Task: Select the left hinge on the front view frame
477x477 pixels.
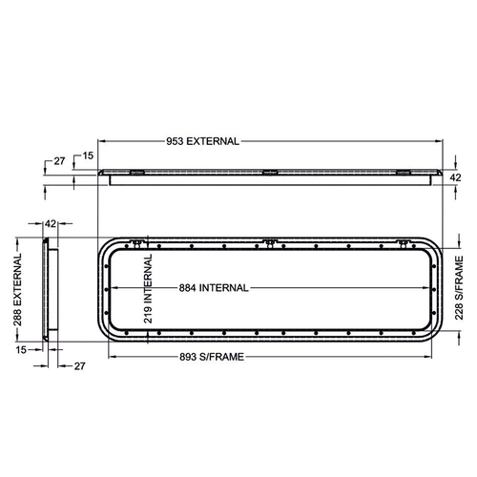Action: [137, 242]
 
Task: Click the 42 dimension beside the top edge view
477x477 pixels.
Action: [456, 176]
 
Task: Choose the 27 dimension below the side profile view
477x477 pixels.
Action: [79, 364]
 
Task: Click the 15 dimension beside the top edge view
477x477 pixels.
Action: [88, 155]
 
